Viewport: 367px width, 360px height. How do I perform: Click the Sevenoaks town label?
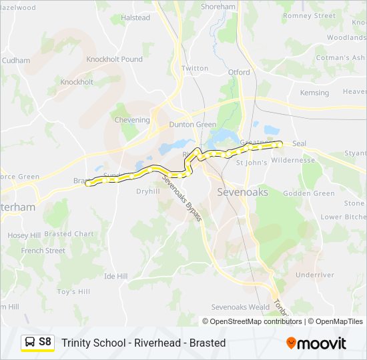pos(243,192)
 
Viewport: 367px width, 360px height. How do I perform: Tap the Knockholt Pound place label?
pos(114,59)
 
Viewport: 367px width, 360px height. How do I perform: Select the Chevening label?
pos(132,120)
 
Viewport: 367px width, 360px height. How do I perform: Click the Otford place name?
pos(239,72)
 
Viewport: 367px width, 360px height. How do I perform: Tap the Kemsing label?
pos(314,93)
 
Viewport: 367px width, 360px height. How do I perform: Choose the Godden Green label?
pos(309,193)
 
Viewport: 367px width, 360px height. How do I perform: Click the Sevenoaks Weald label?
pos(240,307)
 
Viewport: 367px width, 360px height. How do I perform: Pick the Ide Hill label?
pos(115,276)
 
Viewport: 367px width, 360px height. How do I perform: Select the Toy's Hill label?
pos(73,291)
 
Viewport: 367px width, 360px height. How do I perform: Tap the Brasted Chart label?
pos(69,234)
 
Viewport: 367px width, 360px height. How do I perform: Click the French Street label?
pos(43,251)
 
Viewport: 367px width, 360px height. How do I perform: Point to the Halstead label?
pos(135,18)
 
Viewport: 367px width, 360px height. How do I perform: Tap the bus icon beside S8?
pos(30,342)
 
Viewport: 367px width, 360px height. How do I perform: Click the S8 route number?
pos(45,342)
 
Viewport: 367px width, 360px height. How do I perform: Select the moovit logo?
pos(316,343)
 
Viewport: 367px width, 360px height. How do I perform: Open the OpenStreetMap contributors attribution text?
pos(256,321)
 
